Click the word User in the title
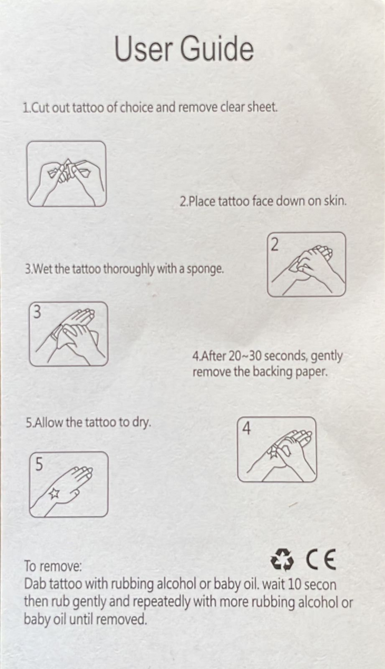pos(143,49)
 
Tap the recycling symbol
pos(282,560)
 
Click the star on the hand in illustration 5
pos(54,494)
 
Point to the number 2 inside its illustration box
pos(274,245)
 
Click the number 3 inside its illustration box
pos(37,312)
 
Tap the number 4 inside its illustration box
pos(246,428)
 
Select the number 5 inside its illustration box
pos(38,464)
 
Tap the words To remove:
pos(53,566)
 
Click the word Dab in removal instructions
pos(35,584)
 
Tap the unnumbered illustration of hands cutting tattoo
pos(66,174)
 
